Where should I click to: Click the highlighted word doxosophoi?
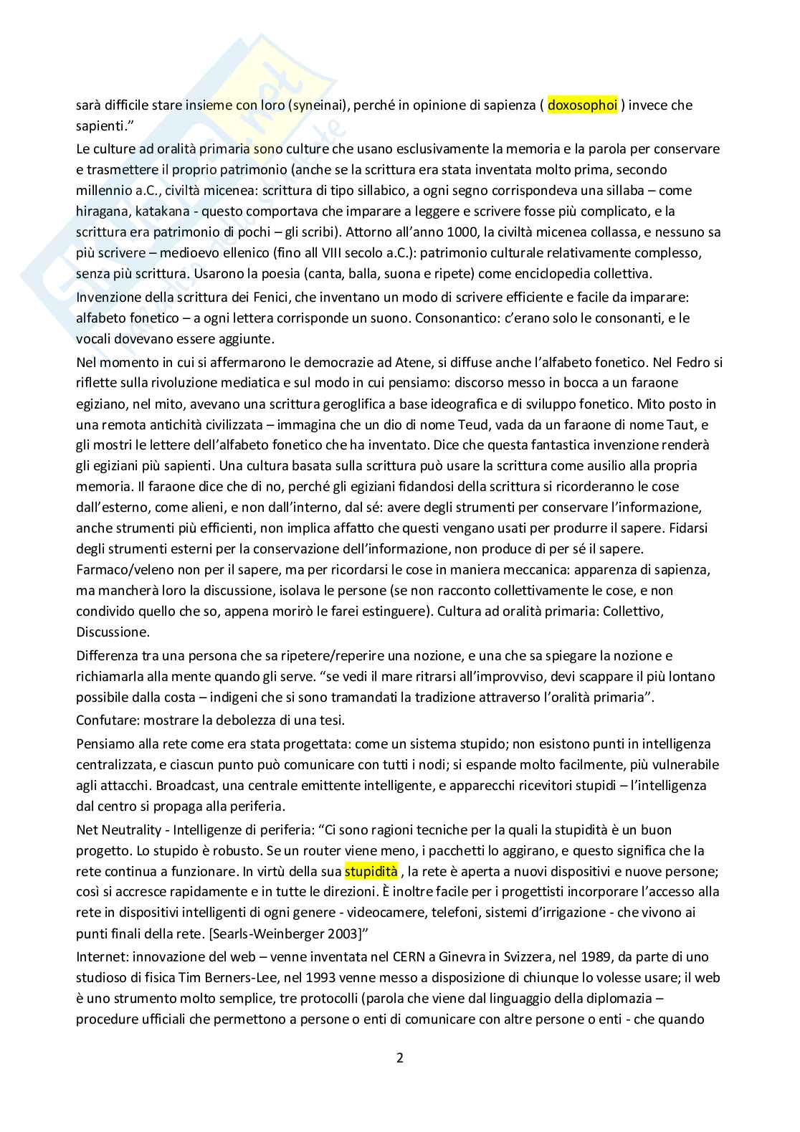(x=582, y=105)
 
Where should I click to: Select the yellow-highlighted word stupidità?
(x=371, y=872)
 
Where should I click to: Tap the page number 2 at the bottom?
(x=400, y=1058)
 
